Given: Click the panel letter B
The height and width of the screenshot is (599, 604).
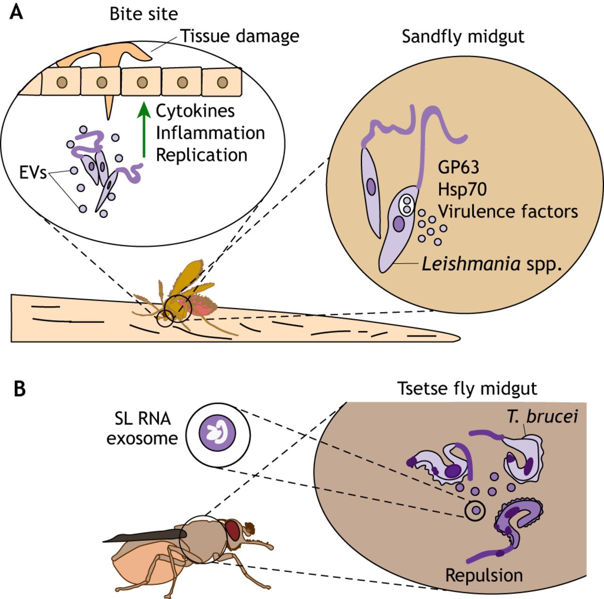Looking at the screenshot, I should coord(19,389).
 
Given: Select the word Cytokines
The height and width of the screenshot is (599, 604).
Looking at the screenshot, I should coord(195,111).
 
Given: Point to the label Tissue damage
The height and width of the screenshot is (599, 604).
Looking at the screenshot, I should coord(240,36).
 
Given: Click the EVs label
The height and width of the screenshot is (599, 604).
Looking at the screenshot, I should coord(33,173).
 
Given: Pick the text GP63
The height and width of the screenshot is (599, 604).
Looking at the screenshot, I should coord(458,167).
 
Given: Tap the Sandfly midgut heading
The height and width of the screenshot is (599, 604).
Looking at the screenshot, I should coord(463,36).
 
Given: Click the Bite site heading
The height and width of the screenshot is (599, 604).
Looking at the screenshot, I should coord(143,14).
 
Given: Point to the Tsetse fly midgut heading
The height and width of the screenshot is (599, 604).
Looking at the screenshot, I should coord(467,388).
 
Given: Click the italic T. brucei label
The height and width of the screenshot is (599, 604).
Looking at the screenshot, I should coord(542,416).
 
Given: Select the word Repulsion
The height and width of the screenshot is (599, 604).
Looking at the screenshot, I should coord(484,575).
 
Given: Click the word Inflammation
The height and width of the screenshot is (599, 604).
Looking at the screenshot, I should coord(210,133).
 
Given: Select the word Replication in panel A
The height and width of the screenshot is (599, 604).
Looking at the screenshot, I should coord(201,155).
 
